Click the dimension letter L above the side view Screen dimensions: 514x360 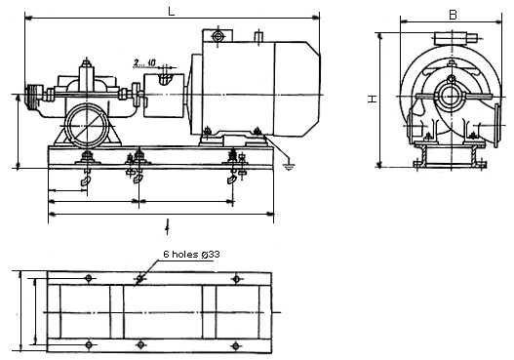[171, 12]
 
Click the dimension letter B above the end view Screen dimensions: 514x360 [453, 15]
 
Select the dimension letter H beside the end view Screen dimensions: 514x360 [373, 99]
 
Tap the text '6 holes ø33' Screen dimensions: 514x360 [191, 254]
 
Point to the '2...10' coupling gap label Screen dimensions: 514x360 [144, 62]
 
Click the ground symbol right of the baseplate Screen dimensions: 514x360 [289, 166]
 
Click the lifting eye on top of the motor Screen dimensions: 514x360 [217, 36]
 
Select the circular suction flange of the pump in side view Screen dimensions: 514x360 [87, 126]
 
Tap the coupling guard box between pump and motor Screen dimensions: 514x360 [164, 95]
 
